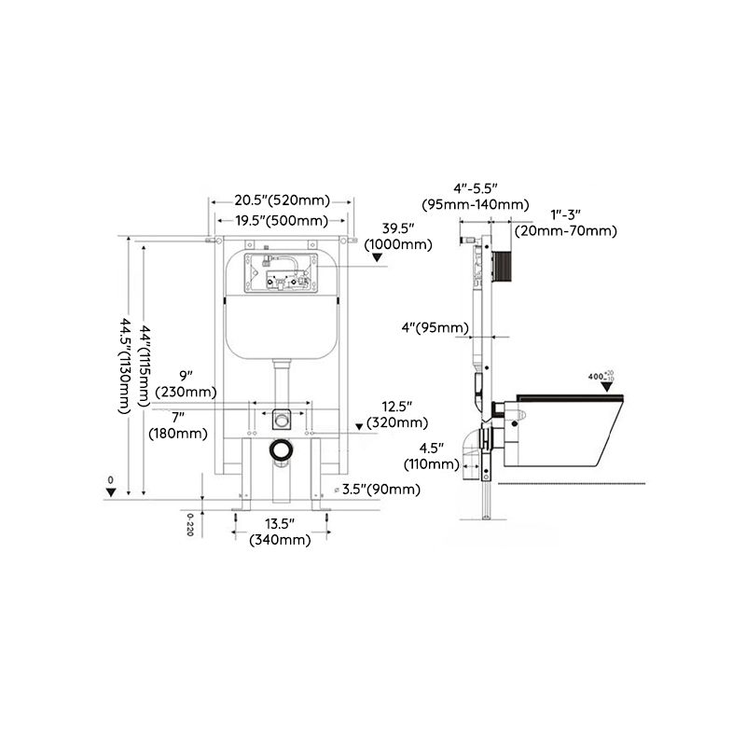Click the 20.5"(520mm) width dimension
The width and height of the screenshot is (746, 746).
click(x=282, y=200)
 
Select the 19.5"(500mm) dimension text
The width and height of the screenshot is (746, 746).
click(x=281, y=221)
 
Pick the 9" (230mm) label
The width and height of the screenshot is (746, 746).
click(x=186, y=384)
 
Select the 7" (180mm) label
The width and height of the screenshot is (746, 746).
click(x=177, y=425)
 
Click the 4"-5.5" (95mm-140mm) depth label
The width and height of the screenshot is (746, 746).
click(x=475, y=197)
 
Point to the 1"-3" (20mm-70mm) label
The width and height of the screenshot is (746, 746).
click(x=569, y=223)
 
